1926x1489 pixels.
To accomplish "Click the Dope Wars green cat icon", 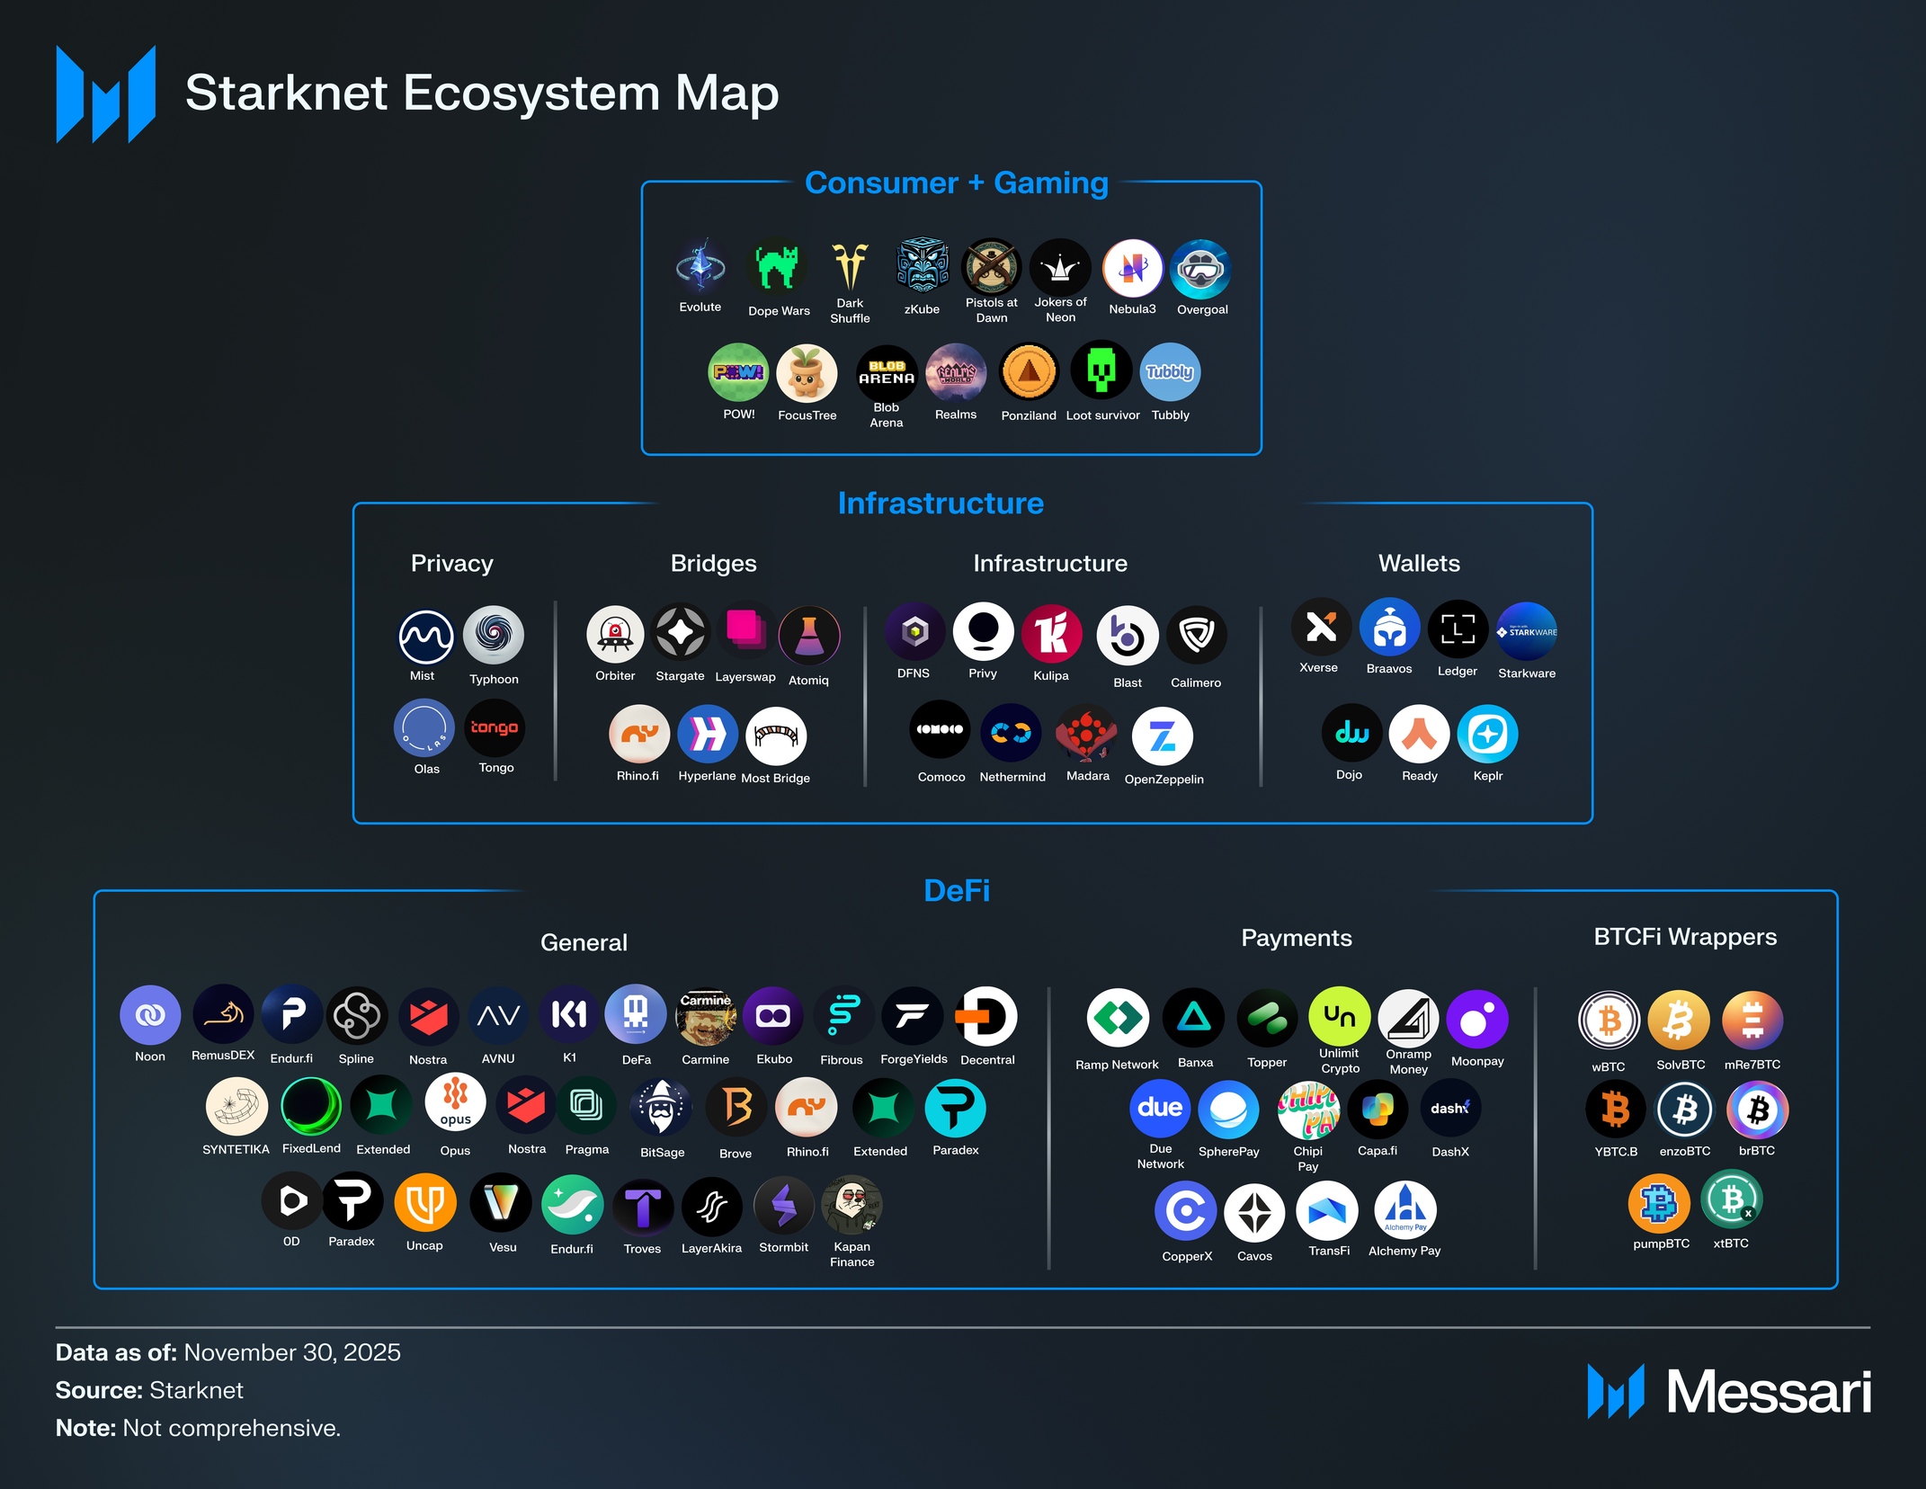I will (777, 268).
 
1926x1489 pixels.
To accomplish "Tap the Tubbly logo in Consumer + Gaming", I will (1170, 372).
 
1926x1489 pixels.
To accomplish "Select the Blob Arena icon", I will (887, 373).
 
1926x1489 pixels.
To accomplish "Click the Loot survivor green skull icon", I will (1101, 370).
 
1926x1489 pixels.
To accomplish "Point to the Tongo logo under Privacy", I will (495, 728).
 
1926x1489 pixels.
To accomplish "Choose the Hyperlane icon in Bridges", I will (708, 735).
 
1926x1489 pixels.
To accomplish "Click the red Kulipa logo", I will (1051, 633).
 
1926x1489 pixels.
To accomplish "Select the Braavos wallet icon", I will (1389, 629).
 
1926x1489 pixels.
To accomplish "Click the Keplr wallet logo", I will (1487, 735).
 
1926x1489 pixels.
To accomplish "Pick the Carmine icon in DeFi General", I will (706, 1017).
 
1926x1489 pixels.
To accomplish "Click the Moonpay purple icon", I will (1476, 1020).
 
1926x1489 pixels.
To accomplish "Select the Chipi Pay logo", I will (1308, 1110).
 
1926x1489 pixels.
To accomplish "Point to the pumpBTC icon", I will (1659, 1203).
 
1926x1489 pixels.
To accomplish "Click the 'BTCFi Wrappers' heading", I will (1684, 937).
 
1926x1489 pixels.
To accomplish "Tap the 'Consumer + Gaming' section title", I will (956, 183).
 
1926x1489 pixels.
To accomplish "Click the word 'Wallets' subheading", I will (1419, 564).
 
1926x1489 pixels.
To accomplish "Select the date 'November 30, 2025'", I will (292, 1352).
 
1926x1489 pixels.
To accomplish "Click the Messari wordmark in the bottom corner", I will (1768, 1392).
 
